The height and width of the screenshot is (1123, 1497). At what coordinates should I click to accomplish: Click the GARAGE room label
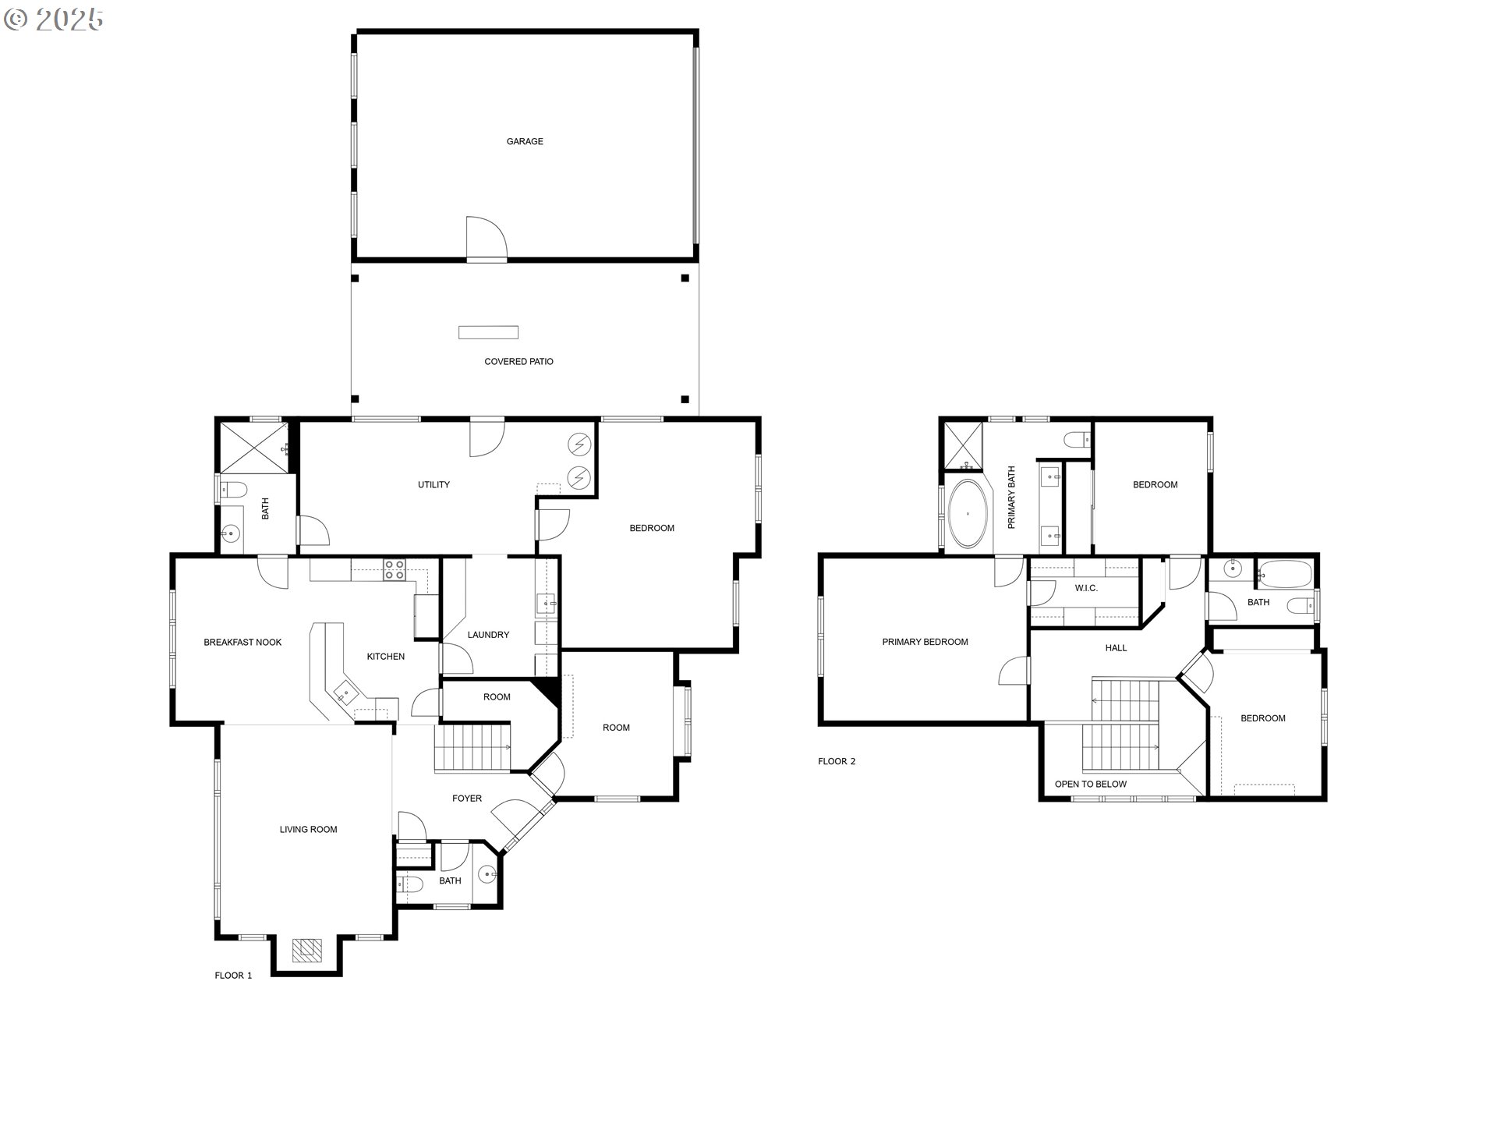click(x=525, y=142)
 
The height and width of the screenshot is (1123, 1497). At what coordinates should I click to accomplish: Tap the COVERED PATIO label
click(x=518, y=362)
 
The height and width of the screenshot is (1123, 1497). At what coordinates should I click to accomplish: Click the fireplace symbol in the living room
click(x=307, y=950)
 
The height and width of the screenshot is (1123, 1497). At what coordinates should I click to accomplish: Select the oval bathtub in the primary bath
click(x=968, y=514)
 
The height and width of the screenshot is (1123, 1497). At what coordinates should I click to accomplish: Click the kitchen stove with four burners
click(x=394, y=570)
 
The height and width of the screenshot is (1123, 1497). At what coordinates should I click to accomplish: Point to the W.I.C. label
click(x=1086, y=588)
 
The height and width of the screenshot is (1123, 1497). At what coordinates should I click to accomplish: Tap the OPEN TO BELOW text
click(x=1090, y=785)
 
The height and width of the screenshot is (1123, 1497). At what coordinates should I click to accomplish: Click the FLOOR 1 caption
click(x=233, y=976)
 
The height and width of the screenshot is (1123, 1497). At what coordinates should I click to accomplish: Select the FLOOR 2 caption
click(x=837, y=762)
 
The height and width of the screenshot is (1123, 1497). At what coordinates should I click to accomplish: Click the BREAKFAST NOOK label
click(x=242, y=643)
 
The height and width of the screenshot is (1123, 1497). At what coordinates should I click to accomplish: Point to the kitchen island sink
click(x=345, y=693)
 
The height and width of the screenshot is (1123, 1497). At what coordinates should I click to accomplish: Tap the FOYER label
click(x=467, y=799)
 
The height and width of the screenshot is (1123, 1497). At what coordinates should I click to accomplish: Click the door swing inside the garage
click(x=485, y=237)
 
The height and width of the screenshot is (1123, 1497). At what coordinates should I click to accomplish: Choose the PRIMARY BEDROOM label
click(x=925, y=643)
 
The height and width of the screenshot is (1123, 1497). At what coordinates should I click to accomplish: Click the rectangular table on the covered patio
click(x=488, y=332)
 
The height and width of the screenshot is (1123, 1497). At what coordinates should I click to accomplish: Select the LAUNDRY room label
click(x=488, y=635)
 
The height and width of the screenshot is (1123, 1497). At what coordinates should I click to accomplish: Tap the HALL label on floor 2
click(x=1116, y=648)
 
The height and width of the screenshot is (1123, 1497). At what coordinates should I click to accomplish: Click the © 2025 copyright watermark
click(x=53, y=19)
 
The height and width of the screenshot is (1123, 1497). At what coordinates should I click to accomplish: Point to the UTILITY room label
click(x=434, y=485)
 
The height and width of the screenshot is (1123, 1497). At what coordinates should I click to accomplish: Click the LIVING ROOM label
click(x=308, y=830)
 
